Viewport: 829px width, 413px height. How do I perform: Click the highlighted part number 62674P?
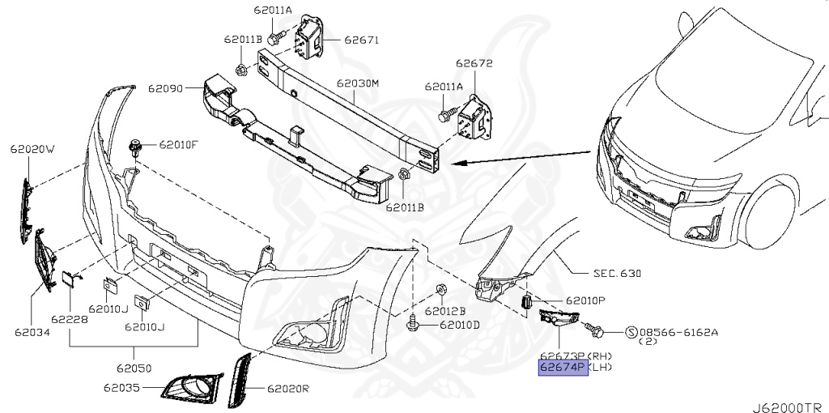(563, 368)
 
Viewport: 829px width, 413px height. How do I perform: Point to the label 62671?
(361, 39)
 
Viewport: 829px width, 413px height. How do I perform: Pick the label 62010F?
(178, 145)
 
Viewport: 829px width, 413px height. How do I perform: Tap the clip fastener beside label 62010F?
(137, 147)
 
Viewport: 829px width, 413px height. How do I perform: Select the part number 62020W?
(32, 149)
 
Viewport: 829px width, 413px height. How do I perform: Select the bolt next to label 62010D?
(413, 324)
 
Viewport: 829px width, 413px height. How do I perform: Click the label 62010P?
(585, 300)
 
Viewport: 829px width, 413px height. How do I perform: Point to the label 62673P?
(563, 356)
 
